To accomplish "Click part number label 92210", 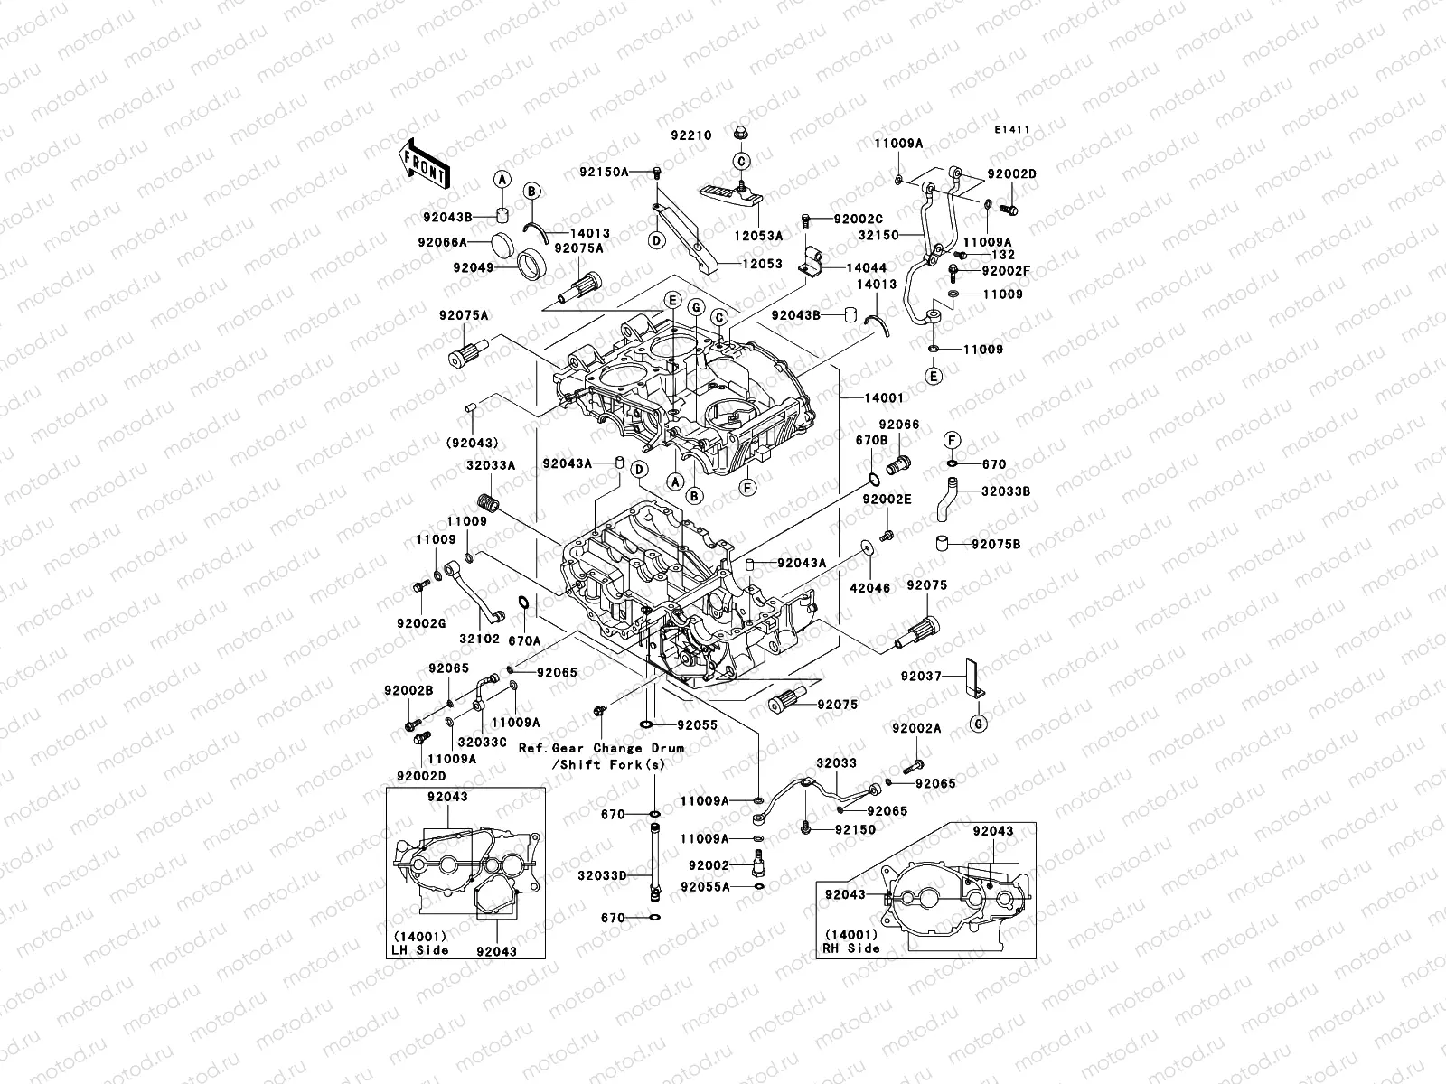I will point(690,135).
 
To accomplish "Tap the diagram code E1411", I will point(1013,130).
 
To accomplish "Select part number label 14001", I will point(884,397).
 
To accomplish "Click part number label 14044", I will point(866,268).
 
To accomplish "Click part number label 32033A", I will point(491,465).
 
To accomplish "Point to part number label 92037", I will point(921,676).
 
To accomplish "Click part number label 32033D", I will point(602,874).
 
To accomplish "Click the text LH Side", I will point(419,951).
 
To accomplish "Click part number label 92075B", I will point(996,545).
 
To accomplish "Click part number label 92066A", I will point(443,242).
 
